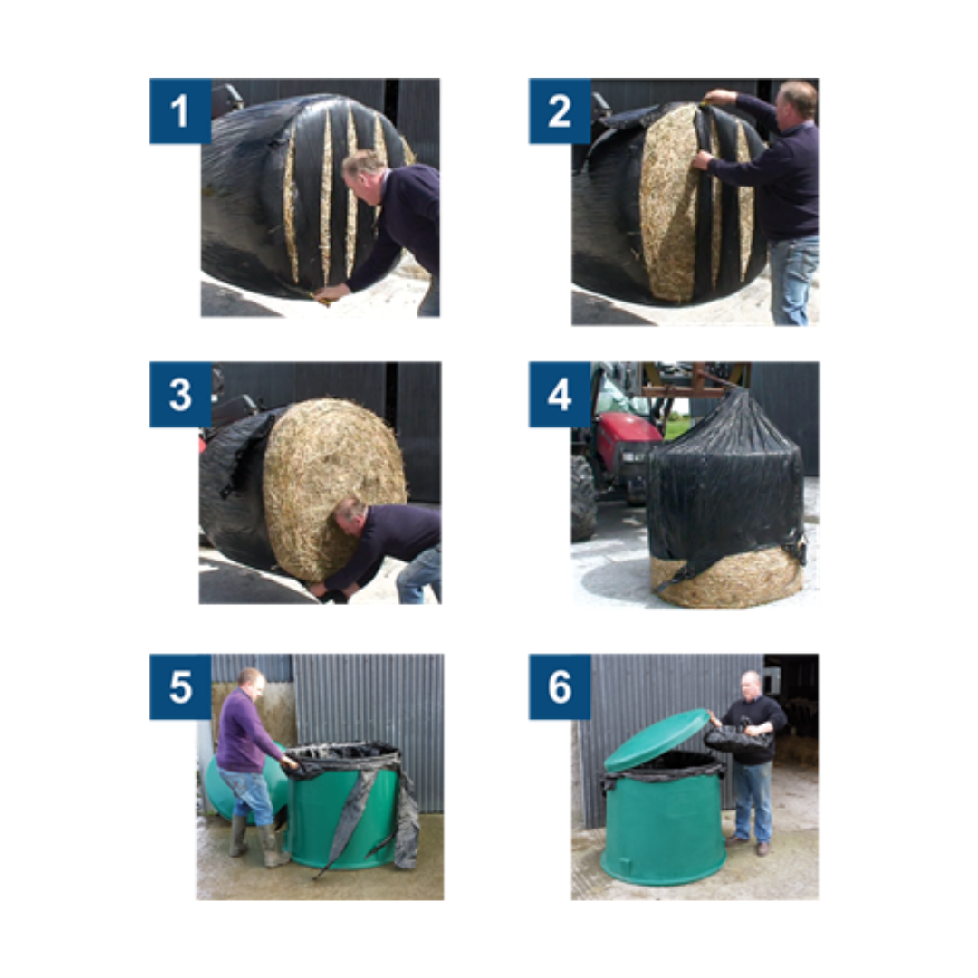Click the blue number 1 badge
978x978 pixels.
(180, 111)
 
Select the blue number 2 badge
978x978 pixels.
(560, 111)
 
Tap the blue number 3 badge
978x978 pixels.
(180, 394)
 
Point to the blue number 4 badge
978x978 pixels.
(560, 394)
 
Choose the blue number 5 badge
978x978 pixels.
(180, 686)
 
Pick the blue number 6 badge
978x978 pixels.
(560, 686)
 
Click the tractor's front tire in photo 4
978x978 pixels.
(583, 499)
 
